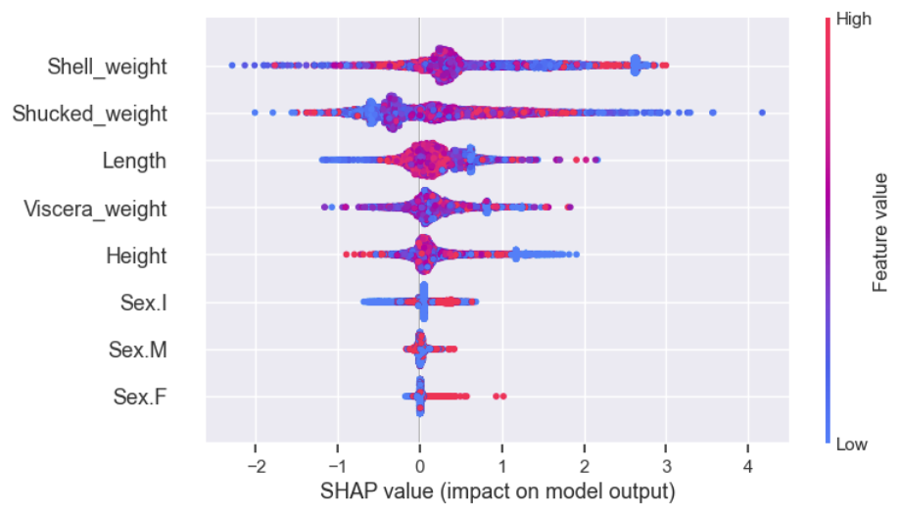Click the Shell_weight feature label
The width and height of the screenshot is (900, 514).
[107, 67]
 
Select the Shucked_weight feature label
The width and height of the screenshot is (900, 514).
[89, 114]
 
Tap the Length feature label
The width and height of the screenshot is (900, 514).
[134, 162]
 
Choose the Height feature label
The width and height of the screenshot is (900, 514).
[136, 257]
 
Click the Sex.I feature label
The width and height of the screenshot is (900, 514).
[140, 304]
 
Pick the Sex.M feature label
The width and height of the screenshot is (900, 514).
[137, 350]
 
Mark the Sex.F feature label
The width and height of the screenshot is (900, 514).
[139, 397]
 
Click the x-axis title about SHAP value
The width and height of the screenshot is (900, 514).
[499, 488]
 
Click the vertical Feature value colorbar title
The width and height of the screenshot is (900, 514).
[880, 232]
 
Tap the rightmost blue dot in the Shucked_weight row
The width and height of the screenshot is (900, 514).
[762, 114]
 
